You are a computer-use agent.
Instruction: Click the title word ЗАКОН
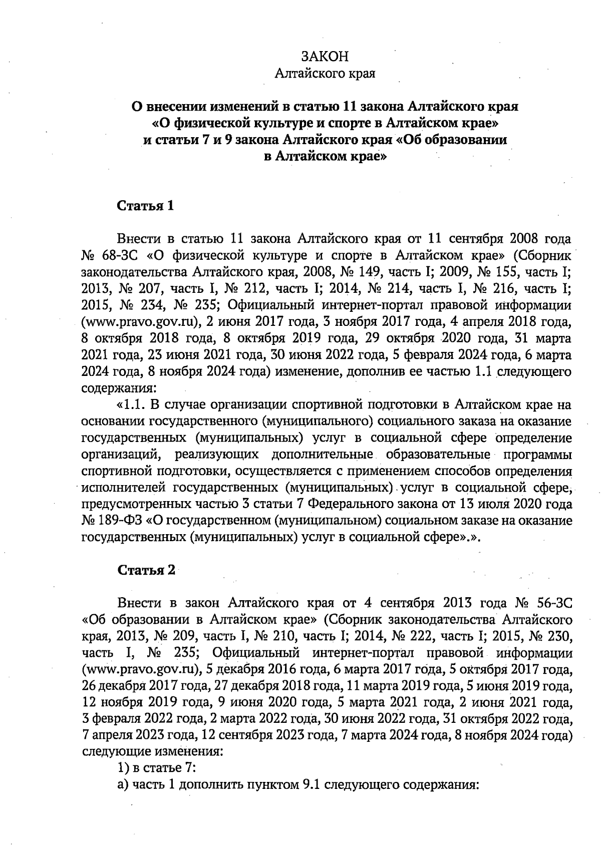[x=325, y=56]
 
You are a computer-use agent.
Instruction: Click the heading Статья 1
[x=145, y=206]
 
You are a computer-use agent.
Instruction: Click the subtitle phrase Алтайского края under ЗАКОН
[x=325, y=74]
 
